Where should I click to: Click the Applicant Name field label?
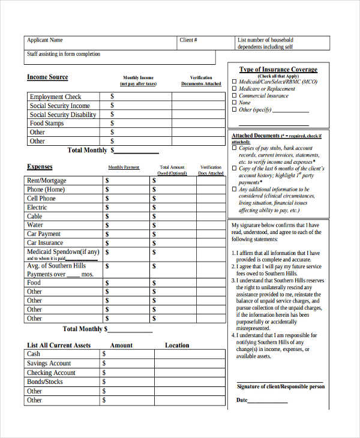[x=44, y=40]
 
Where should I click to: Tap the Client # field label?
[x=188, y=40]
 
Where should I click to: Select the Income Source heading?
[x=47, y=77]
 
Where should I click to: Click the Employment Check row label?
[x=55, y=97]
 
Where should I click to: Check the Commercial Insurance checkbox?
[x=235, y=96]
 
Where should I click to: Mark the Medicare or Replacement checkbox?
[x=235, y=89]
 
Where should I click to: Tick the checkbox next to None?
[x=235, y=103]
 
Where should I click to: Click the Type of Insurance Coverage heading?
[x=278, y=70]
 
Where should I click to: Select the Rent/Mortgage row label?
[x=46, y=181]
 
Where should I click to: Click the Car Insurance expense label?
[x=45, y=243]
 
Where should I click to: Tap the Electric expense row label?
[x=37, y=208]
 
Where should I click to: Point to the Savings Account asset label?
[x=49, y=364]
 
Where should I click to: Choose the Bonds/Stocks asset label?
[x=44, y=382]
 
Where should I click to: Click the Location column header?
[x=177, y=346]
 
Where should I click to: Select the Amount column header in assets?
[x=121, y=346]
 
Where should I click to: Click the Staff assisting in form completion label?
[x=63, y=55]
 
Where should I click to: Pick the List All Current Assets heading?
[x=59, y=346]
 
